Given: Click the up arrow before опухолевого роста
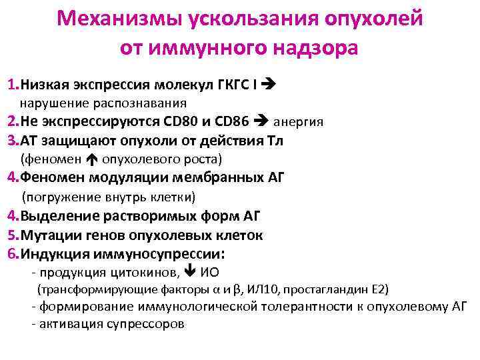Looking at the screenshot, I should pyautogui.click(x=92, y=159).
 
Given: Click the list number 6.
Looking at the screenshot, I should pyautogui.click(x=11, y=254).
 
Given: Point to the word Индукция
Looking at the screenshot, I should pyautogui.click(x=54, y=254).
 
